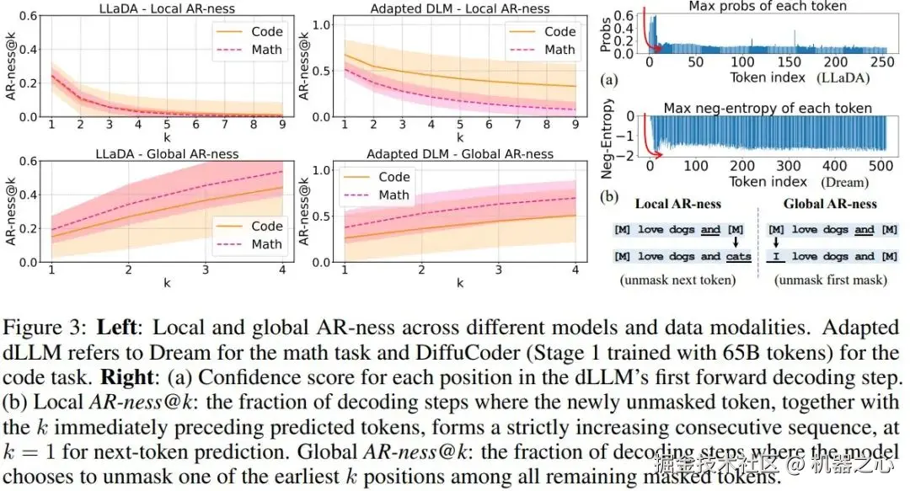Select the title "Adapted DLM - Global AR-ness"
[x=461, y=154]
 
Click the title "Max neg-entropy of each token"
[x=768, y=108]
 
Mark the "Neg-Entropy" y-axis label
[x=605, y=136]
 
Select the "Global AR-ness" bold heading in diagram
[x=830, y=204]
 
